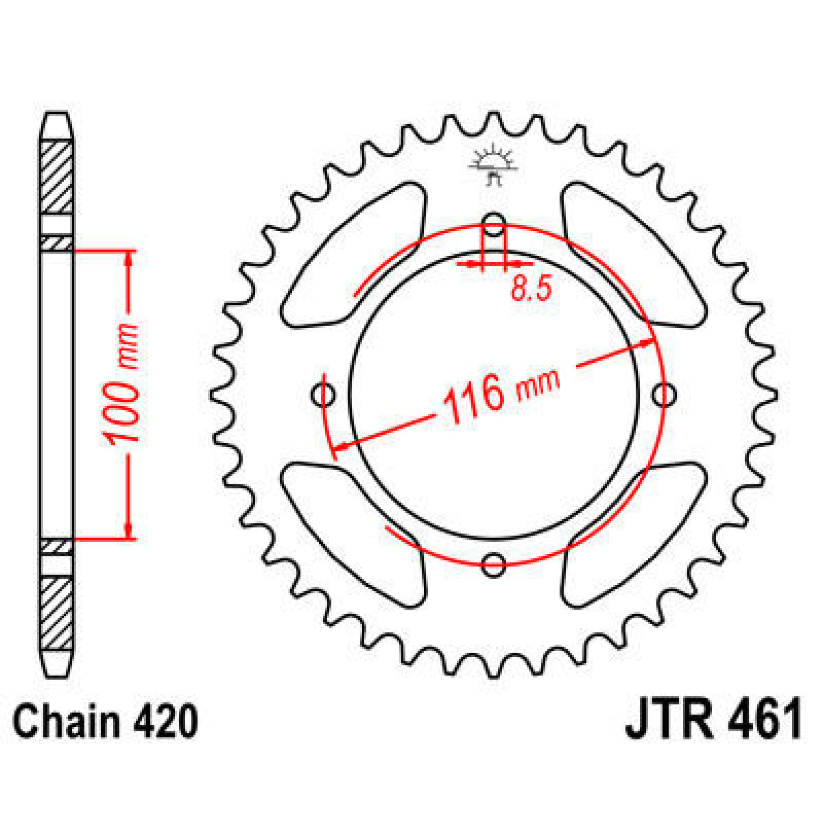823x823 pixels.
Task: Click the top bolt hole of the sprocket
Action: pos(493,221)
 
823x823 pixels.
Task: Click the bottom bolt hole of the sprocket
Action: pos(493,564)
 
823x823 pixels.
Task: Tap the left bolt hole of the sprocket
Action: pos(322,394)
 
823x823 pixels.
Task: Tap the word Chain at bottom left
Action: pos(66,721)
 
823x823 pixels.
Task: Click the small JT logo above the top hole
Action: pos(492,165)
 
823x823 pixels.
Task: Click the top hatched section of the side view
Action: pos(56,177)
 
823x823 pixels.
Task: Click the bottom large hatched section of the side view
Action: pos(56,614)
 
